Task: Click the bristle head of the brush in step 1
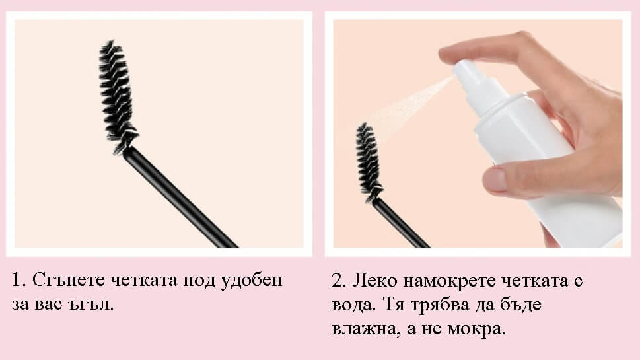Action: click(x=118, y=96)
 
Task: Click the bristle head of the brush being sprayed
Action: click(x=369, y=161)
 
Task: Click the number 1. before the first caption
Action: click(x=18, y=280)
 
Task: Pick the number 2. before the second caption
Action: click(x=338, y=281)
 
